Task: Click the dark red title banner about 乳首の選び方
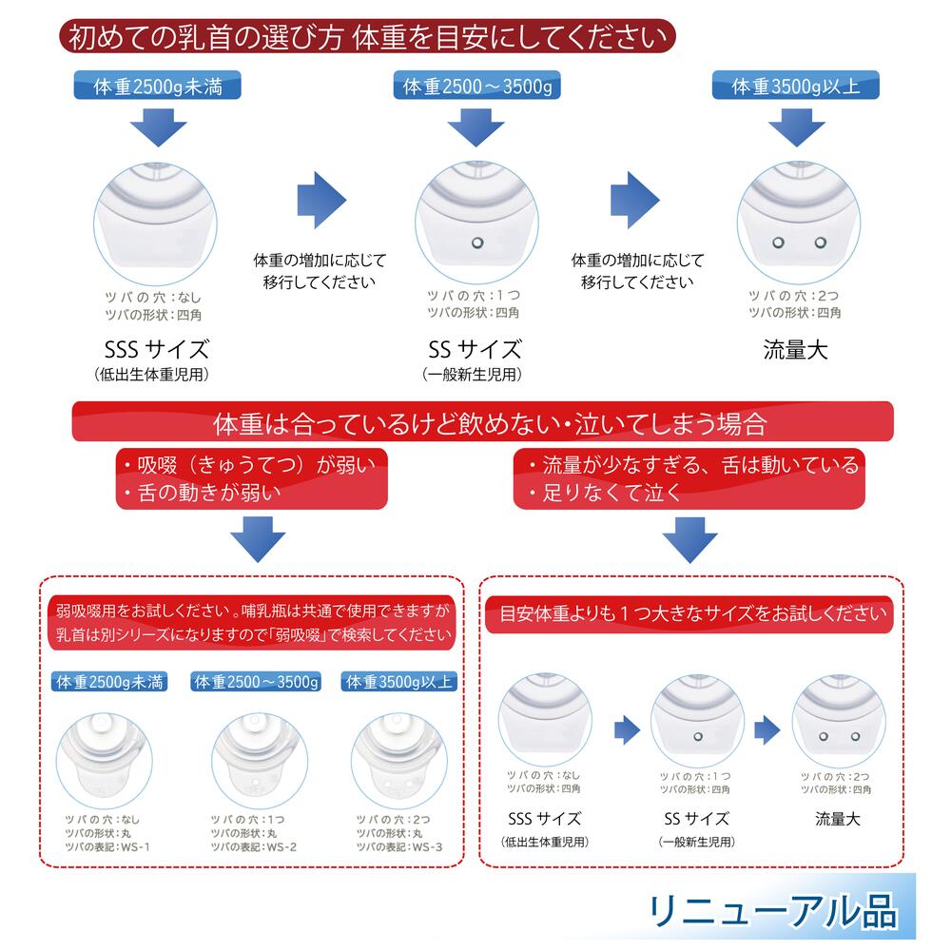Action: (367, 38)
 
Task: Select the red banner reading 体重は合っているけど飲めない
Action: (482, 421)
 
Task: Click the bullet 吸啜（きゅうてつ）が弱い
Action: (249, 465)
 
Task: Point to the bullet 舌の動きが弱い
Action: (204, 494)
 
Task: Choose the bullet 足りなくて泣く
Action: (603, 494)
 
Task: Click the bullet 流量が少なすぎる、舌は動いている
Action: (690, 465)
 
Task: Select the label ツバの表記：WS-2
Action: (254, 846)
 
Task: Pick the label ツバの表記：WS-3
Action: (399, 846)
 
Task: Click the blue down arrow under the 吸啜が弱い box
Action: (259, 539)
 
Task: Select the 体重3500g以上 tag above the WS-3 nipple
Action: (401, 682)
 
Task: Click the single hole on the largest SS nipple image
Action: (476, 243)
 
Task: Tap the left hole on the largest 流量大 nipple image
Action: (777, 243)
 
